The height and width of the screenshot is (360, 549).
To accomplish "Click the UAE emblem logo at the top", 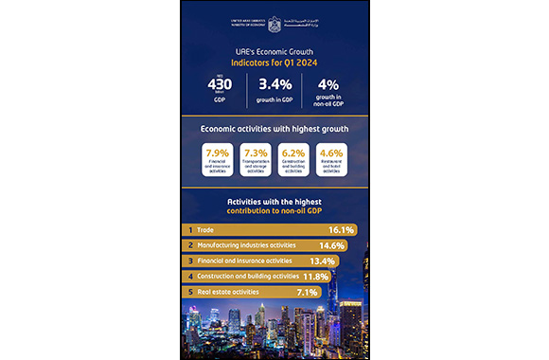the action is click(274, 18).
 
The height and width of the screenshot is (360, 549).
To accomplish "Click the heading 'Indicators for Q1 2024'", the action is click(274, 63).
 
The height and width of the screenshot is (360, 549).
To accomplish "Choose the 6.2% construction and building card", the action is click(294, 158).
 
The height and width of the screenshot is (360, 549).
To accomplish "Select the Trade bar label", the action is click(204, 230).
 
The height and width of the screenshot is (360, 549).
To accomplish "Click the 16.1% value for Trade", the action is click(341, 229).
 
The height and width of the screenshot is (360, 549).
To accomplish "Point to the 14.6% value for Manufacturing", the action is click(333, 244).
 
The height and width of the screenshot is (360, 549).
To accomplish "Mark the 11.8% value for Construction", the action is click(314, 276).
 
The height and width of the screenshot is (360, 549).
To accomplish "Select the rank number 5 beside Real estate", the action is click(190, 291).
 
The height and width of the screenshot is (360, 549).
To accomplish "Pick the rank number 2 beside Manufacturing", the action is click(190, 245).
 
